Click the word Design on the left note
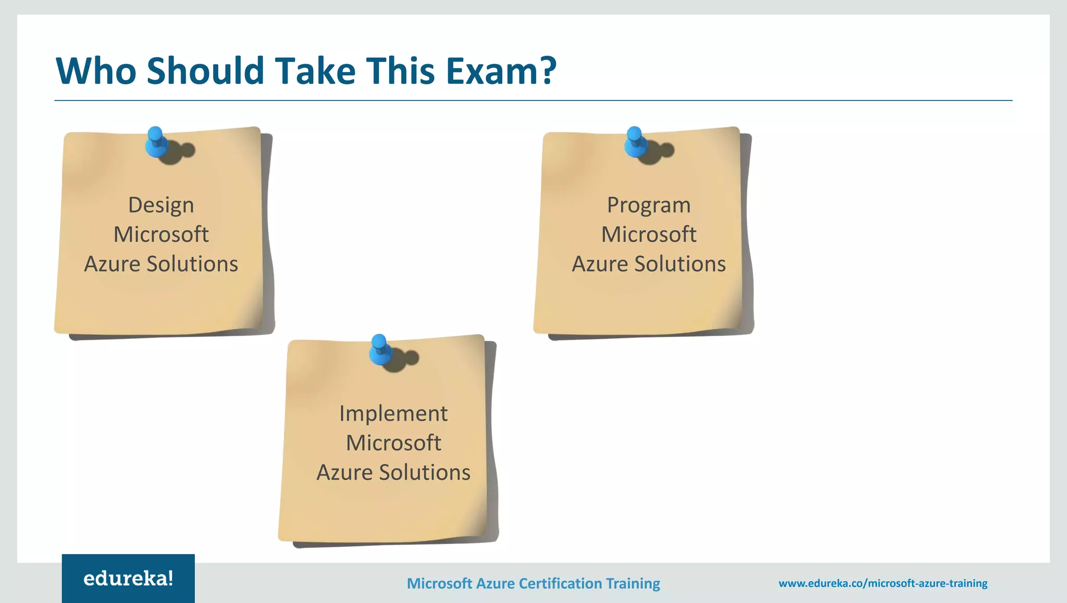[161, 205]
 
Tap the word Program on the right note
[649, 205]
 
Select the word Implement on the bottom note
[393, 414]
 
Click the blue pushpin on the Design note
[156, 142]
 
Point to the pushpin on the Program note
[635, 142]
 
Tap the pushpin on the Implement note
[380, 350]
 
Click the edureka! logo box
[128, 578]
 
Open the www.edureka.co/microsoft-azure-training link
[883, 583]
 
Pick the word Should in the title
[206, 71]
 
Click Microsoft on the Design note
[161, 235]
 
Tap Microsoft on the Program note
[649, 235]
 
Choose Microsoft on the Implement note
[393, 443]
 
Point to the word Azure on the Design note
[112, 264]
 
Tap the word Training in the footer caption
[633, 583]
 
